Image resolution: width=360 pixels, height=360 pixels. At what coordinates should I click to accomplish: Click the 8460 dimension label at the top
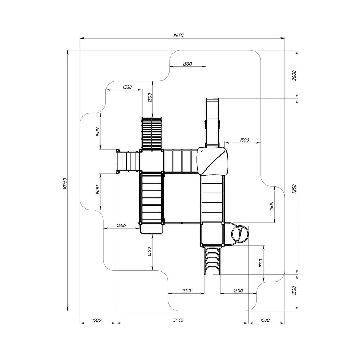click(178, 35)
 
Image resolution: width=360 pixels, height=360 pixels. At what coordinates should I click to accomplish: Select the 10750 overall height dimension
click(65, 183)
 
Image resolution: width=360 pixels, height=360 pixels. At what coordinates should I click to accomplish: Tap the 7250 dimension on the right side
click(294, 189)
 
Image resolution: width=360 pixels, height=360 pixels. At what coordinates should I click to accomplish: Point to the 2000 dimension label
click(294, 75)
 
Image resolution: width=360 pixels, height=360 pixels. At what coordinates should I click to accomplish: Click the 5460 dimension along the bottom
click(178, 320)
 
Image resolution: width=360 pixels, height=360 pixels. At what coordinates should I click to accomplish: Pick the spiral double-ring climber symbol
click(240, 234)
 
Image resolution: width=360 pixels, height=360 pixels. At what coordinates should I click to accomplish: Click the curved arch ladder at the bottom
click(212, 261)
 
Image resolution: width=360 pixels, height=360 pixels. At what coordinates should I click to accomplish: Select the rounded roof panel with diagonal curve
click(212, 161)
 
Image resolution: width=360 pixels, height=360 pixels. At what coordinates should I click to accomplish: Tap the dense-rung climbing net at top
click(152, 133)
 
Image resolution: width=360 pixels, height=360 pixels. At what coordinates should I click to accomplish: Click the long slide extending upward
click(212, 123)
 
